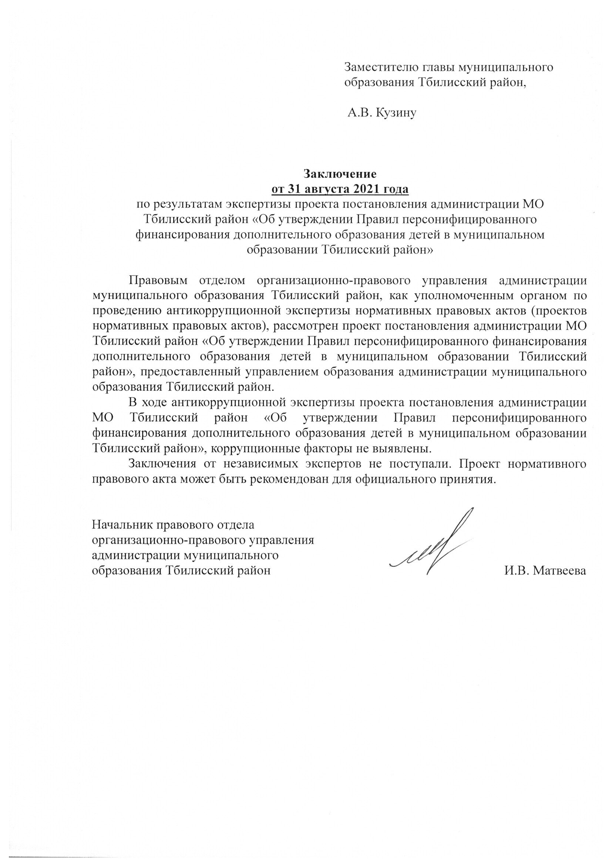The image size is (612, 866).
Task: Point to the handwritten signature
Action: click(434, 543)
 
